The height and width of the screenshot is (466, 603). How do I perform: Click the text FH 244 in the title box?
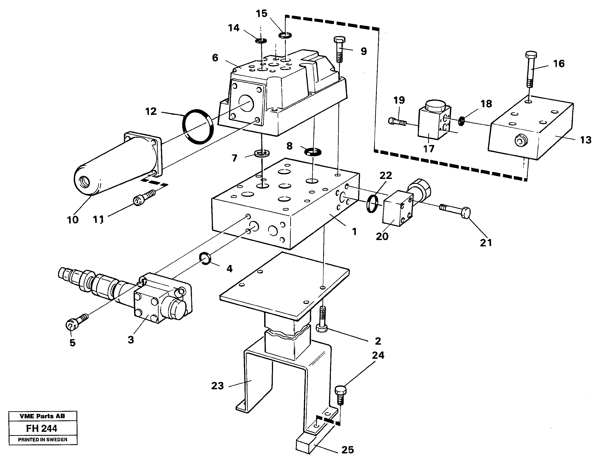tap(42, 428)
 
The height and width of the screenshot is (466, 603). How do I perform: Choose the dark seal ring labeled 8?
tap(313, 151)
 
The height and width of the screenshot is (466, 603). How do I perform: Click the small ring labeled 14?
tap(261, 41)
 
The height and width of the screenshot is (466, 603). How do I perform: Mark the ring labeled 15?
tap(284, 35)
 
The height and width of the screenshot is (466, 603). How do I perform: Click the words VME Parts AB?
tap(42, 416)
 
